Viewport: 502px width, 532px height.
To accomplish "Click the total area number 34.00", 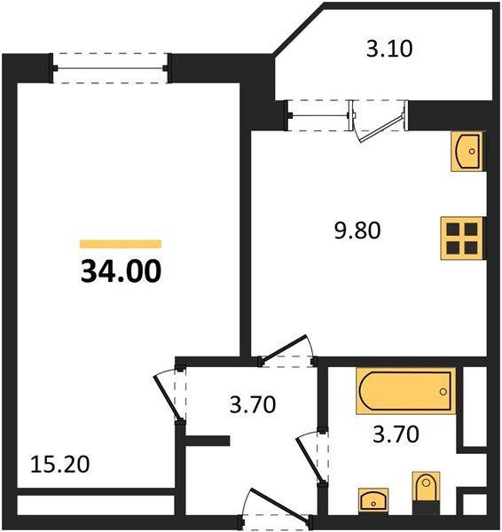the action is coord(121,270).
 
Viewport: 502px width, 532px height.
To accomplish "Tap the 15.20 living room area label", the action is coord(60,464).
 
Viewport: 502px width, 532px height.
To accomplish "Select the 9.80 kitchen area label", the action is coord(357,231).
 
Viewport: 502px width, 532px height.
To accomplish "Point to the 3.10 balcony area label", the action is coord(389,48).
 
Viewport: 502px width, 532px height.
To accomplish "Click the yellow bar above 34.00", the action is coord(121,244).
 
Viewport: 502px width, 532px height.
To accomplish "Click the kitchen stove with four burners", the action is coord(462,239).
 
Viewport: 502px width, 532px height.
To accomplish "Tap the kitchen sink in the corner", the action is coord(467,151).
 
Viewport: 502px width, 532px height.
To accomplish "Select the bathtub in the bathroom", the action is coord(405,391).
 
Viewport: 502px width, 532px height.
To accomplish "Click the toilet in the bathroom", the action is coord(426,493).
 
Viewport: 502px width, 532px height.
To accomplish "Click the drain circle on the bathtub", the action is coord(443,392).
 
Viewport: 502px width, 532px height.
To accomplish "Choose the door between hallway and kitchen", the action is coord(287,348).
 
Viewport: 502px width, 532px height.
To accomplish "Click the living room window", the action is coord(110,68).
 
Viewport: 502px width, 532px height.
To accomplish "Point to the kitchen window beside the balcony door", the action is coord(319,115).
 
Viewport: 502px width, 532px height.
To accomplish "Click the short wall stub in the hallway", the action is coord(208,441).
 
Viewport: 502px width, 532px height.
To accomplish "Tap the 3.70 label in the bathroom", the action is coord(396,434).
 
